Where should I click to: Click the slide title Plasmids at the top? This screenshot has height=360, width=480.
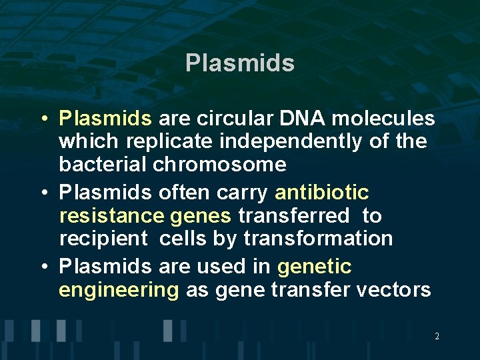coord(240,63)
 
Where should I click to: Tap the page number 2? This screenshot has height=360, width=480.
coord(437,337)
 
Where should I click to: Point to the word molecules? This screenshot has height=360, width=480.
coord(383,119)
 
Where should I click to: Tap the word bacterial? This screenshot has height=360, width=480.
coord(103,164)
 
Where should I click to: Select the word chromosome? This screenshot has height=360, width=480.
coord(219,164)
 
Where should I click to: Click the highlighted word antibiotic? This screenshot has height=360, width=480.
coord(321,193)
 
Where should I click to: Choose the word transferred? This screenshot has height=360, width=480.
coord(293,216)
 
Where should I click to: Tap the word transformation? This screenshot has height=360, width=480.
coord(318,239)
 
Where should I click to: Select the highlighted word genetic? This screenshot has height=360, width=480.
coord(314,267)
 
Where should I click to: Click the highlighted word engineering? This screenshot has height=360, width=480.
coord(119,291)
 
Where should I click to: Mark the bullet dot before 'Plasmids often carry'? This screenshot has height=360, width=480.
coord(43,193)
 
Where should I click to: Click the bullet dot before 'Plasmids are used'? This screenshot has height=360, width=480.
coord(43,267)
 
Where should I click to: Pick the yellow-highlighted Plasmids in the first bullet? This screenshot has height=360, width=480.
coord(105,119)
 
